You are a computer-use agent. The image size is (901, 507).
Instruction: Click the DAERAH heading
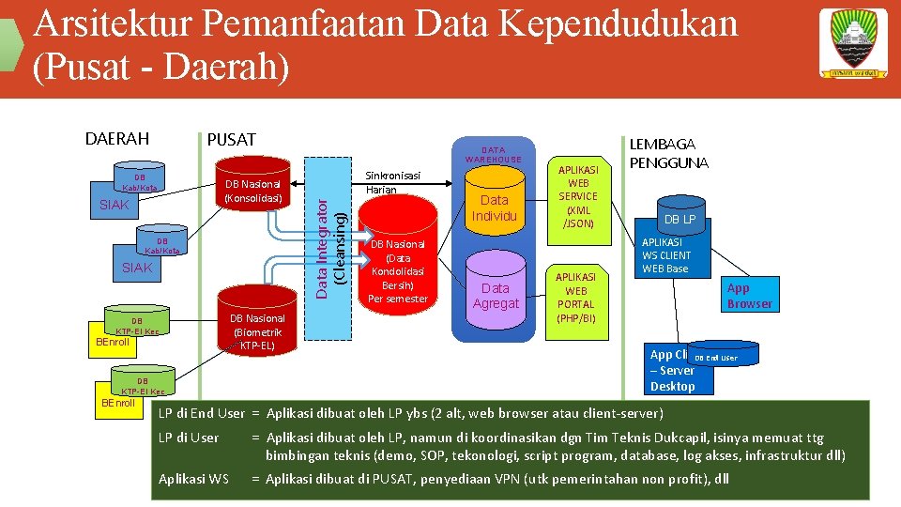tap(116, 139)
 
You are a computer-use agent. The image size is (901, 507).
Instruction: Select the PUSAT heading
tap(231, 140)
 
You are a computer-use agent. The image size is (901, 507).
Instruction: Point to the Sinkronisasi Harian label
tap(392, 182)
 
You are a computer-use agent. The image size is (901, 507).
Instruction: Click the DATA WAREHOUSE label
tap(493, 154)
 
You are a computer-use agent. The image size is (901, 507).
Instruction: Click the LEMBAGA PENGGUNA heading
tap(669, 153)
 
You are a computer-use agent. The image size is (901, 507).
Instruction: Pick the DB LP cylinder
tap(680, 219)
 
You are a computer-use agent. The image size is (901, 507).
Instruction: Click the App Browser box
tap(749, 296)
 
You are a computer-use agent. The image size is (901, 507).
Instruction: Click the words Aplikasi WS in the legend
tap(193, 479)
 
